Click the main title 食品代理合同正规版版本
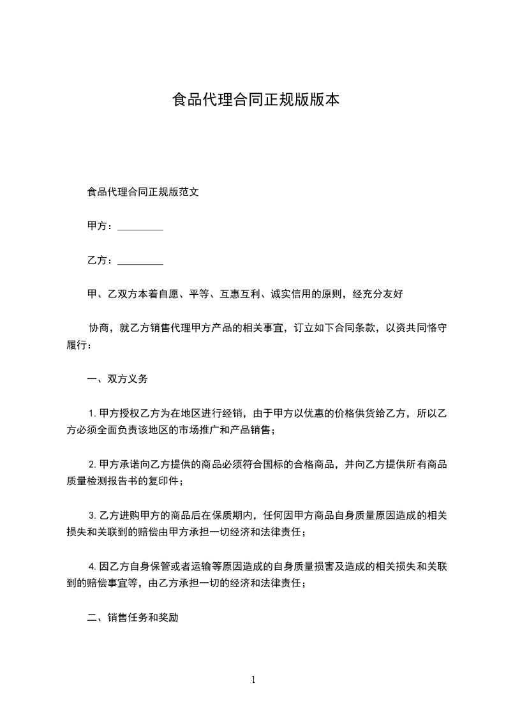[256, 100]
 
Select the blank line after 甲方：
[140, 227]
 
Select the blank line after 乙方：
[140, 261]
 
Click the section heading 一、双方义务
[117, 379]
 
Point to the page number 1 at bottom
[253, 680]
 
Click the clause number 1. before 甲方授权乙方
[93, 414]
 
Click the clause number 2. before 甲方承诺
[93, 465]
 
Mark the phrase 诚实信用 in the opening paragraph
[290, 294]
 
